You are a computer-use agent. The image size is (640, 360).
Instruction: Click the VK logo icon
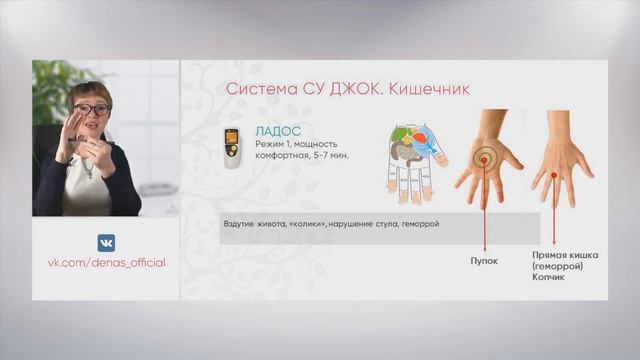click(x=105, y=242)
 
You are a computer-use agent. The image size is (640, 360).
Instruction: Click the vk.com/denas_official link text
click(x=106, y=262)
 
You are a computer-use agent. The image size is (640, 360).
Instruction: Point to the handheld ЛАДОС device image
click(x=232, y=148)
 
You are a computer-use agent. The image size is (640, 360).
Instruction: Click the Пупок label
click(x=484, y=258)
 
